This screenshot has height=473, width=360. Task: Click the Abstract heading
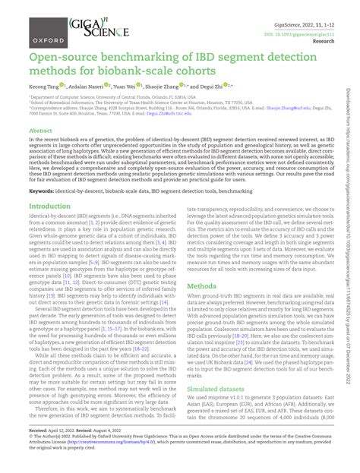coord(40,131)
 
